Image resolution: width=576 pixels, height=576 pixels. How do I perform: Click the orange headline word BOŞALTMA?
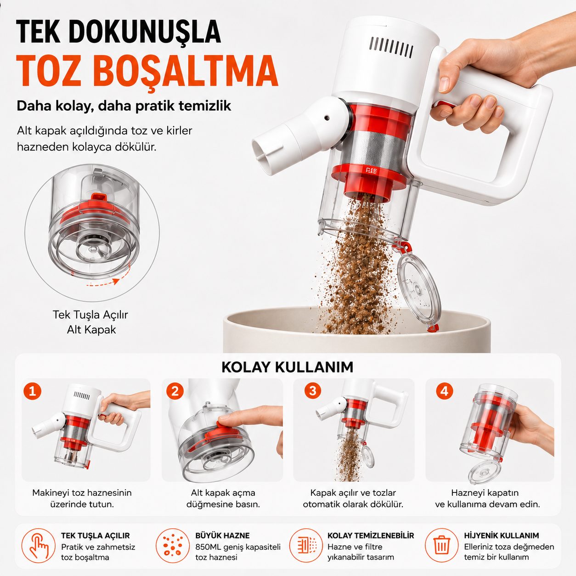coord(186,72)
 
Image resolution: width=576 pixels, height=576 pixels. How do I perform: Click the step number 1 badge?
coord(33,391)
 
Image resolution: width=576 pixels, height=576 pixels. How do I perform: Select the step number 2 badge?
coord(175,391)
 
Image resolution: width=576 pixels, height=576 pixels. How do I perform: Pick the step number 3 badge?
coord(313,391)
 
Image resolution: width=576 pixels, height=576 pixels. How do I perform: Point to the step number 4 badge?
coord(445,391)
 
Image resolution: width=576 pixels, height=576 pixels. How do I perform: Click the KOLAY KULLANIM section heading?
coord(288,367)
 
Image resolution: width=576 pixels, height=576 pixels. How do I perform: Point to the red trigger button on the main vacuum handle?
coord(445,105)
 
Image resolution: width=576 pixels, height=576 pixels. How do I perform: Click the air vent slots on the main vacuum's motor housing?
coord(391,47)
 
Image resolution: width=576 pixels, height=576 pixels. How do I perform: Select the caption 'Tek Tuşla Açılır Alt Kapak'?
coord(90,322)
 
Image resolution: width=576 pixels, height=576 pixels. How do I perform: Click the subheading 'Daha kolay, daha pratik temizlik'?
coord(124,106)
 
